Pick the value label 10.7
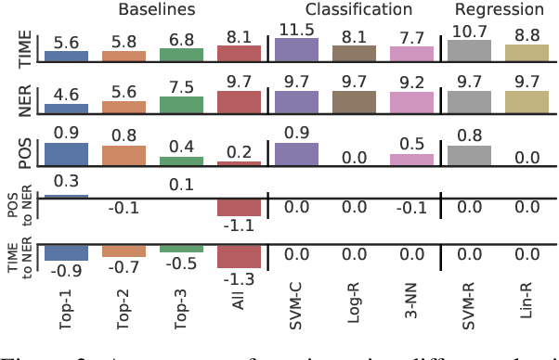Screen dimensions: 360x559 tap(470, 32)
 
